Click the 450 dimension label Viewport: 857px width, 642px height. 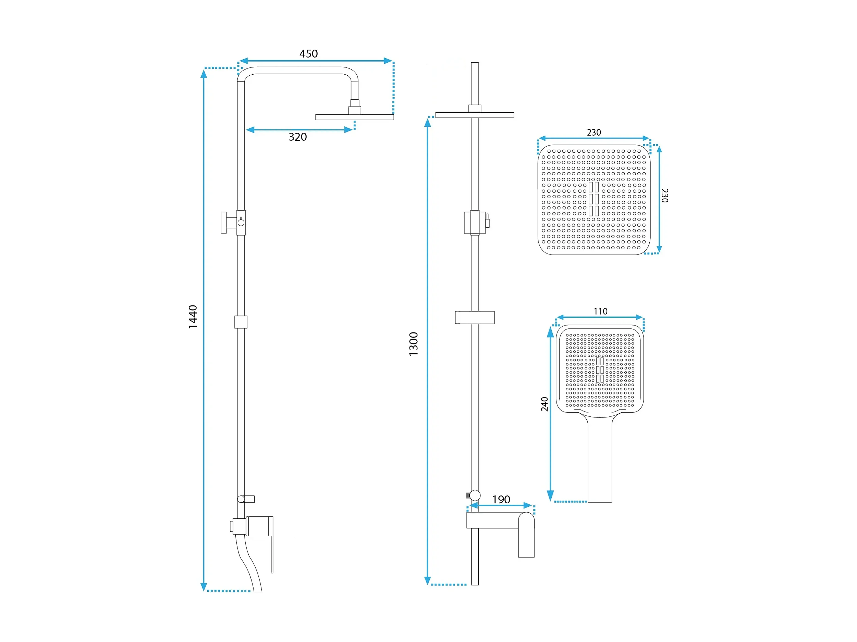click(x=308, y=54)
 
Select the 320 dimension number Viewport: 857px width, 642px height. click(x=297, y=137)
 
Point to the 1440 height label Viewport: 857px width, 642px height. click(x=193, y=317)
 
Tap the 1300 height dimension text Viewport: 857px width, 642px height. click(x=413, y=344)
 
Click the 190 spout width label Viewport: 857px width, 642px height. click(x=501, y=500)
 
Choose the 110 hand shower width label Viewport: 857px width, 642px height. click(x=601, y=311)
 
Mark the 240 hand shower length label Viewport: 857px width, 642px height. click(x=544, y=404)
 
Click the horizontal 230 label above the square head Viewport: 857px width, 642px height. click(x=594, y=133)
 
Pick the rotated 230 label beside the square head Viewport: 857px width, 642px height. click(x=665, y=196)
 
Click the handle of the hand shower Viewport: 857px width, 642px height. click(x=600, y=459)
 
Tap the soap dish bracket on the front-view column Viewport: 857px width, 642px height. click(x=475, y=317)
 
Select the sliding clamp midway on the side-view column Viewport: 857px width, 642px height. click(x=241, y=322)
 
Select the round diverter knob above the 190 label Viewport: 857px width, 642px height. click(x=475, y=495)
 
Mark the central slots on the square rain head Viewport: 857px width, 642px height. click(x=594, y=199)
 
